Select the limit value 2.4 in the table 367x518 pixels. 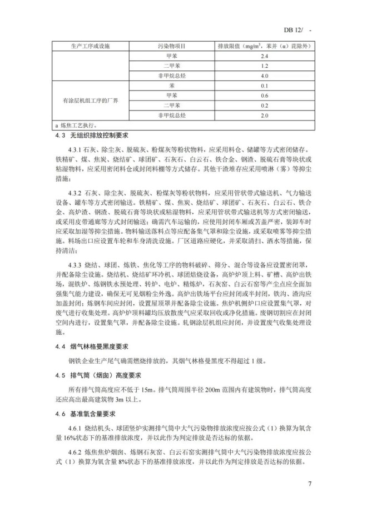[264, 56]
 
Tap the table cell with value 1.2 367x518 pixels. [264, 66]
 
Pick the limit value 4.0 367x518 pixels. [264, 76]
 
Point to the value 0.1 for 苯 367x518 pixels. [264, 86]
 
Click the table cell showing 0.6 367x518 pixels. [264, 95]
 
